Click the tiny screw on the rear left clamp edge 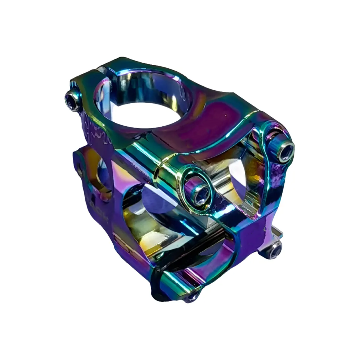pos(80,172)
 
